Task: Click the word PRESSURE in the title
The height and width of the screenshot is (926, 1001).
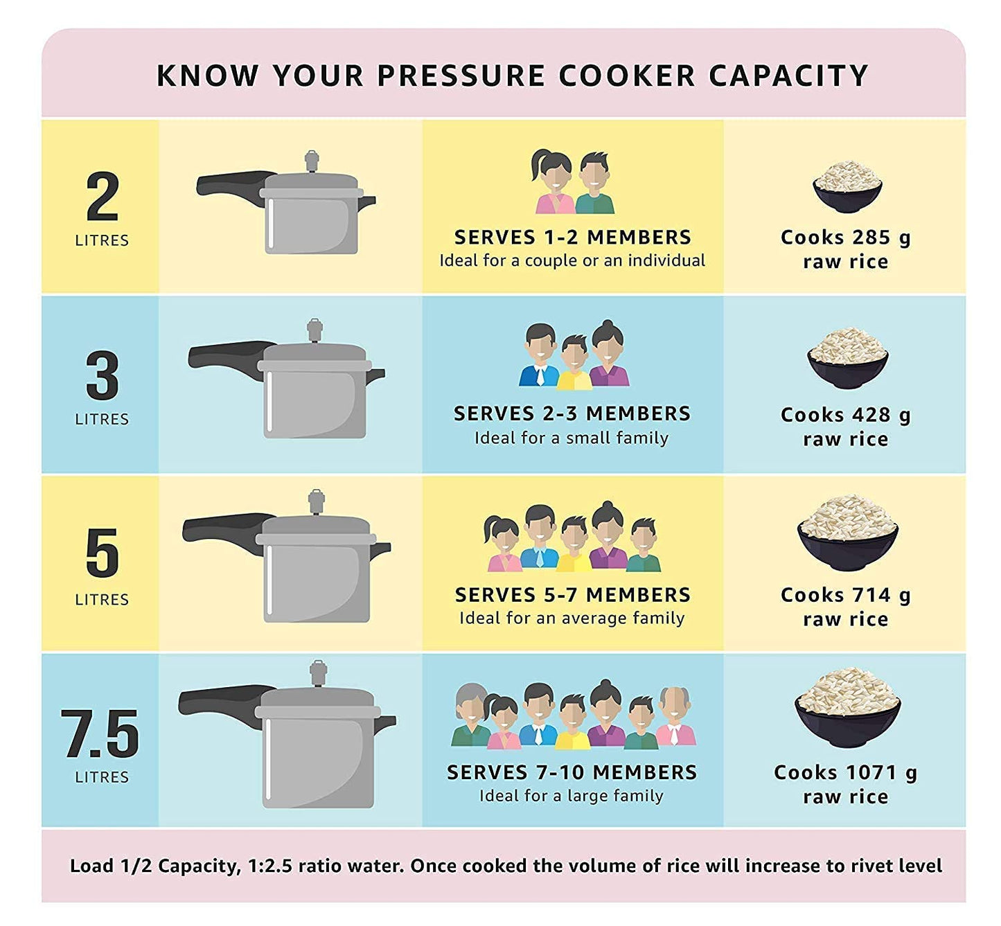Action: (x=461, y=75)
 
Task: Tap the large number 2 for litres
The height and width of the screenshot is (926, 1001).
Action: (x=103, y=197)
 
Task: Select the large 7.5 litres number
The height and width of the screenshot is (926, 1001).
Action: (x=101, y=734)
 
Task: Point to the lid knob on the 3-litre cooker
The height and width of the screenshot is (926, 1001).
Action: (x=315, y=330)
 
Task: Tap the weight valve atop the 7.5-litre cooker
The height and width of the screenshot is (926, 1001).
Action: (x=318, y=673)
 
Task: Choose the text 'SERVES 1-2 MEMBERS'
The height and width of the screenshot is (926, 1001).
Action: (x=572, y=238)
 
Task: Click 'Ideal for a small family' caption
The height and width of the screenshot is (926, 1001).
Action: (x=572, y=438)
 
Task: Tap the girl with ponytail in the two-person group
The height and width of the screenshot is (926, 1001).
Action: (x=551, y=181)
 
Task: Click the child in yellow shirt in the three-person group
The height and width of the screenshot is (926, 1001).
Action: (x=574, y=362)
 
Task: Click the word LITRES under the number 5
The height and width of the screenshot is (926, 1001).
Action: (x=102, y=599)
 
